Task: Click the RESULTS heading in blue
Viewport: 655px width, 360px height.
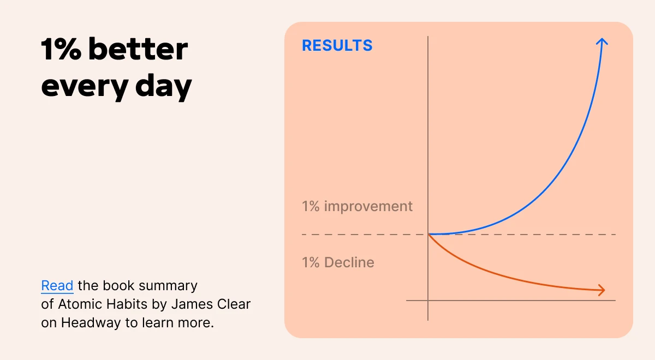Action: click(337, 45)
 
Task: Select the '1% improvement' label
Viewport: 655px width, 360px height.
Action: click(357, 207)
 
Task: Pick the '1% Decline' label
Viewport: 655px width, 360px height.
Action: click(338, 262)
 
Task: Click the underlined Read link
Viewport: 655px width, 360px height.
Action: click(57, 286)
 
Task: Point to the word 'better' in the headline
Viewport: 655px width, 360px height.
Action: click(138, 50)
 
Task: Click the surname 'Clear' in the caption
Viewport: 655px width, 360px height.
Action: click(234, 304)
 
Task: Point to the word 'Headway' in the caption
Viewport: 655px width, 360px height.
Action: click(91, 322)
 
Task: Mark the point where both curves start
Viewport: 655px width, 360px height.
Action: click(428, 234)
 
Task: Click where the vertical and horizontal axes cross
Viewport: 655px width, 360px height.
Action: click(428, 300)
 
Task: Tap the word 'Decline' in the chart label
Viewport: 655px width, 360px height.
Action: click(349, 262)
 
